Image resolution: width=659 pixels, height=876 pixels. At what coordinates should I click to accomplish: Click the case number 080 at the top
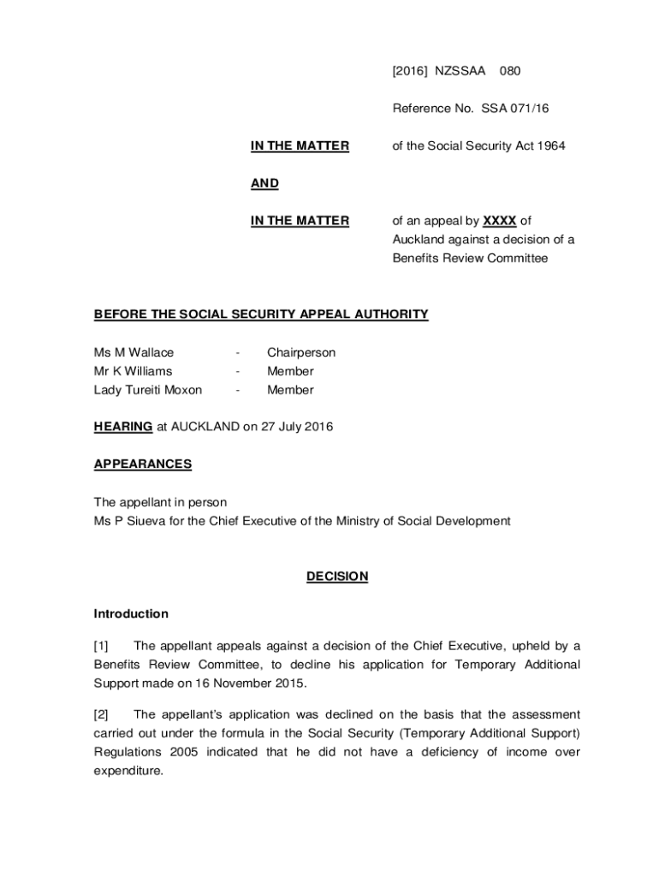point(510,71)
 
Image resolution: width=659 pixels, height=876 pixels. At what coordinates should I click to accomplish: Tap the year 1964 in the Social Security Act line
point(550,146)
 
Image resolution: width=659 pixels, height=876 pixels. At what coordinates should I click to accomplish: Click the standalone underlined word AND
point(264,184)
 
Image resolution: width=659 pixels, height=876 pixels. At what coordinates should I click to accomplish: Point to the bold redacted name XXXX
point(500,221)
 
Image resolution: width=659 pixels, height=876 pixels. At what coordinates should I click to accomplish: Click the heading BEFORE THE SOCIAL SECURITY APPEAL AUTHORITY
point(261,315)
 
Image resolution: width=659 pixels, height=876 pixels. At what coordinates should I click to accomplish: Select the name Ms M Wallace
point(134,352)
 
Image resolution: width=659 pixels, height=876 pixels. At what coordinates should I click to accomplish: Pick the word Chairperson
point(301,352)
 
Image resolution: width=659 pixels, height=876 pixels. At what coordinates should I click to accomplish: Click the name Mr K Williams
point(133,371)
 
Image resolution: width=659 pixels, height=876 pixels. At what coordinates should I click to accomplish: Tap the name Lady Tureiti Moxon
point(148,390)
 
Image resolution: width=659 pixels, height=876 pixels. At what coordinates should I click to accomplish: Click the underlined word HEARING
point(123,427)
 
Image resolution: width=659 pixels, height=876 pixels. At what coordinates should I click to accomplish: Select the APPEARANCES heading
point(143,465)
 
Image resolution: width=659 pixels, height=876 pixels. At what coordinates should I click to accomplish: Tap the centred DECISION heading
point(337,577)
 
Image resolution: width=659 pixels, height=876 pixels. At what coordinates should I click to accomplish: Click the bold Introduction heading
point(131,614)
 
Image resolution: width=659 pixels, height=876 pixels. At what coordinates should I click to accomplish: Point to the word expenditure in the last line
point(129,771)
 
